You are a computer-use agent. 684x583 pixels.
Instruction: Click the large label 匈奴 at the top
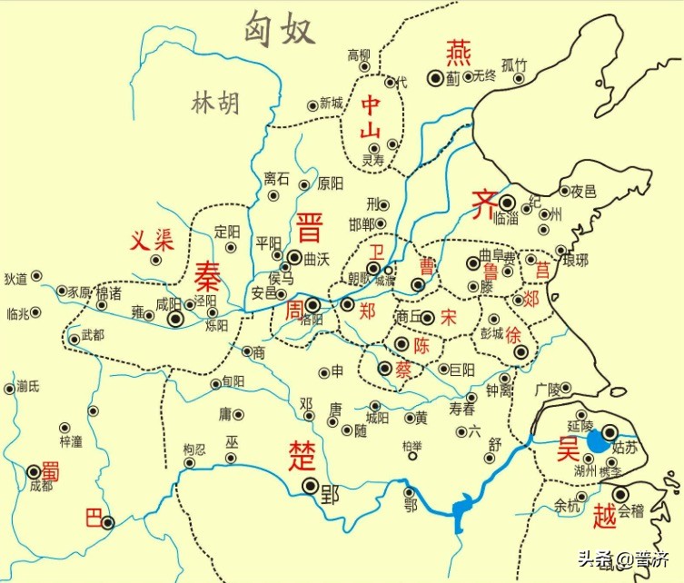(x=279, y=30)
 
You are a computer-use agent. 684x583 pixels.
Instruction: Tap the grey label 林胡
(x=215, y=104)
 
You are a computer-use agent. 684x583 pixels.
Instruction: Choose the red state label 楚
(x=301, y=451)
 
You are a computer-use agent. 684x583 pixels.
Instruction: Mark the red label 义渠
(x=151, y=241)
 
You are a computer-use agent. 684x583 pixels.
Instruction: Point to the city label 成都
(x=41, y=486)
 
